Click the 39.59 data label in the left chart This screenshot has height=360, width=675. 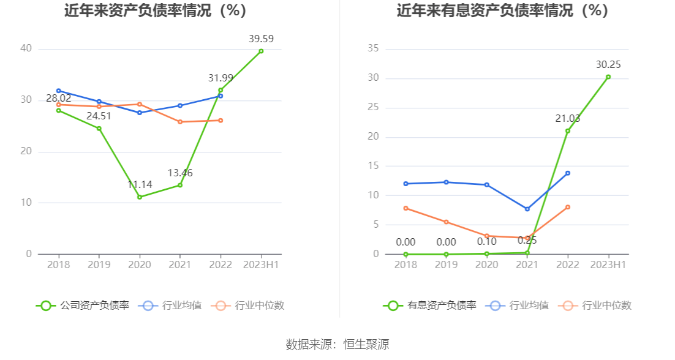click(x=261, y=39)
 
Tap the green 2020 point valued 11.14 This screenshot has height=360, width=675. click(x=140, y=197)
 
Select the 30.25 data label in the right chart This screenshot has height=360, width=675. click(x=608, y=64)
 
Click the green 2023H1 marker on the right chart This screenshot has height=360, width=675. click(x=608, y=77)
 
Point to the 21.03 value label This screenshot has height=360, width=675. click(x=568, y=118)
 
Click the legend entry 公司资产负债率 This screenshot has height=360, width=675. click(x=83, y=306)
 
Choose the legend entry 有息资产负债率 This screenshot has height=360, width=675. click(x=430, y=306)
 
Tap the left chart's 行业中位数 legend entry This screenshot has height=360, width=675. click(x=249, y=306)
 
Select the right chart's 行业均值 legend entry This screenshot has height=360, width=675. click(x=518, y=306)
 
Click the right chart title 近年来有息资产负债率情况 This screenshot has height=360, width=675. click(x=502, y=10)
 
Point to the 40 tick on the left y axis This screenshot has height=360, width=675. click(x=26, y=49)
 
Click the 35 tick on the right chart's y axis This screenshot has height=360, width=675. click(x=372, y=49)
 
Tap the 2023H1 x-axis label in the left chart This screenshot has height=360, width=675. click(x=261, y=264)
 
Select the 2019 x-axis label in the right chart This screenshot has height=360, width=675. click(x=447, y=264)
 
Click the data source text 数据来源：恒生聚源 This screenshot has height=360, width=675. click(x=337, y=344)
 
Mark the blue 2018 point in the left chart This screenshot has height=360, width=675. click(x=59, y=91)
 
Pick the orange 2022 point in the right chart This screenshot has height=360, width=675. click(x=568, y=207)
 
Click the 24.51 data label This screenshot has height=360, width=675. click(x=99, y=116)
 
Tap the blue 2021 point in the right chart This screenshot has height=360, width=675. click(x=527, y=209)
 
